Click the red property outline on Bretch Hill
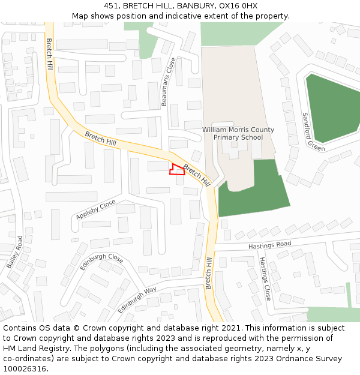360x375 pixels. [176, 170]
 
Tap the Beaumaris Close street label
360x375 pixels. [169, 82]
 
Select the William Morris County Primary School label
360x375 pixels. [238, 133]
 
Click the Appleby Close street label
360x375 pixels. [95, 209]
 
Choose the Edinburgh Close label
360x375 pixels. [101, 262]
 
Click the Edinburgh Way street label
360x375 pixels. [137, 299]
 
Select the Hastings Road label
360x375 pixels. [270, 245]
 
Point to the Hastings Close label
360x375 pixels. [265, 278]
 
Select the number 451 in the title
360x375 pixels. [112, 6]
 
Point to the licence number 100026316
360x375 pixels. [26, 369]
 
